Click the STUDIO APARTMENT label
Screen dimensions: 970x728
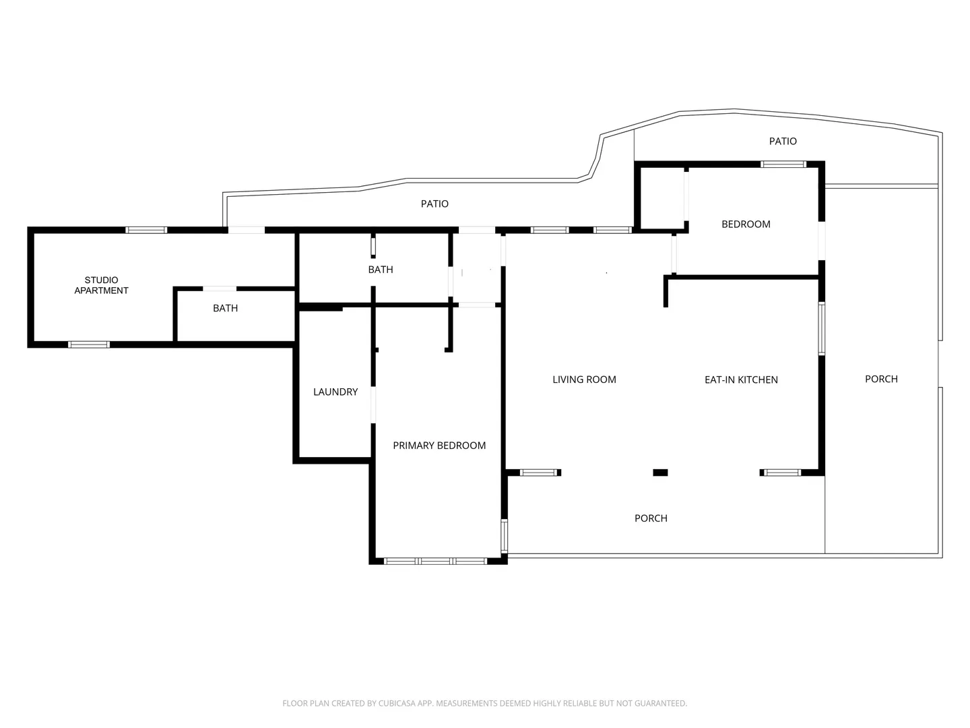pos(101,285)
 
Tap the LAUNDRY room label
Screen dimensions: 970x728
pos(335,392)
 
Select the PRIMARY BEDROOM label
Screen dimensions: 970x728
pos(439,446)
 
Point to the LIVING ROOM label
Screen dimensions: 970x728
pos(584,380)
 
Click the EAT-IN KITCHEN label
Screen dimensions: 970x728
pos(741,380)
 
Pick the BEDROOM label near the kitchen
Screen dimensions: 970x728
pos(746,224)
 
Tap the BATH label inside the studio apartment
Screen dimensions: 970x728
pos(226,308)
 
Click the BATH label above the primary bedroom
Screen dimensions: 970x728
pos(381,270)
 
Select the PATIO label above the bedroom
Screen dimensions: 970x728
pos(783,141)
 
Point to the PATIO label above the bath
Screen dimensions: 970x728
pos(434,204)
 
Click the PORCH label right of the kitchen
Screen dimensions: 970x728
pos(881,380)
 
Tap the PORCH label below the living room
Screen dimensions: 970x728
pos(651,518)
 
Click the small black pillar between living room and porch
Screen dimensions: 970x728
pos(660,473)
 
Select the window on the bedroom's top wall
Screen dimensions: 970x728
pos(783,164)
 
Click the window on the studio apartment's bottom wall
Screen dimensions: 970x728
pos(89,344)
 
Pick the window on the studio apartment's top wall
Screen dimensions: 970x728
pos(146,230)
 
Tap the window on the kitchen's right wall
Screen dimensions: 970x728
pos(822,328)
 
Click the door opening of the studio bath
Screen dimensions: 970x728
pos(220,289)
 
